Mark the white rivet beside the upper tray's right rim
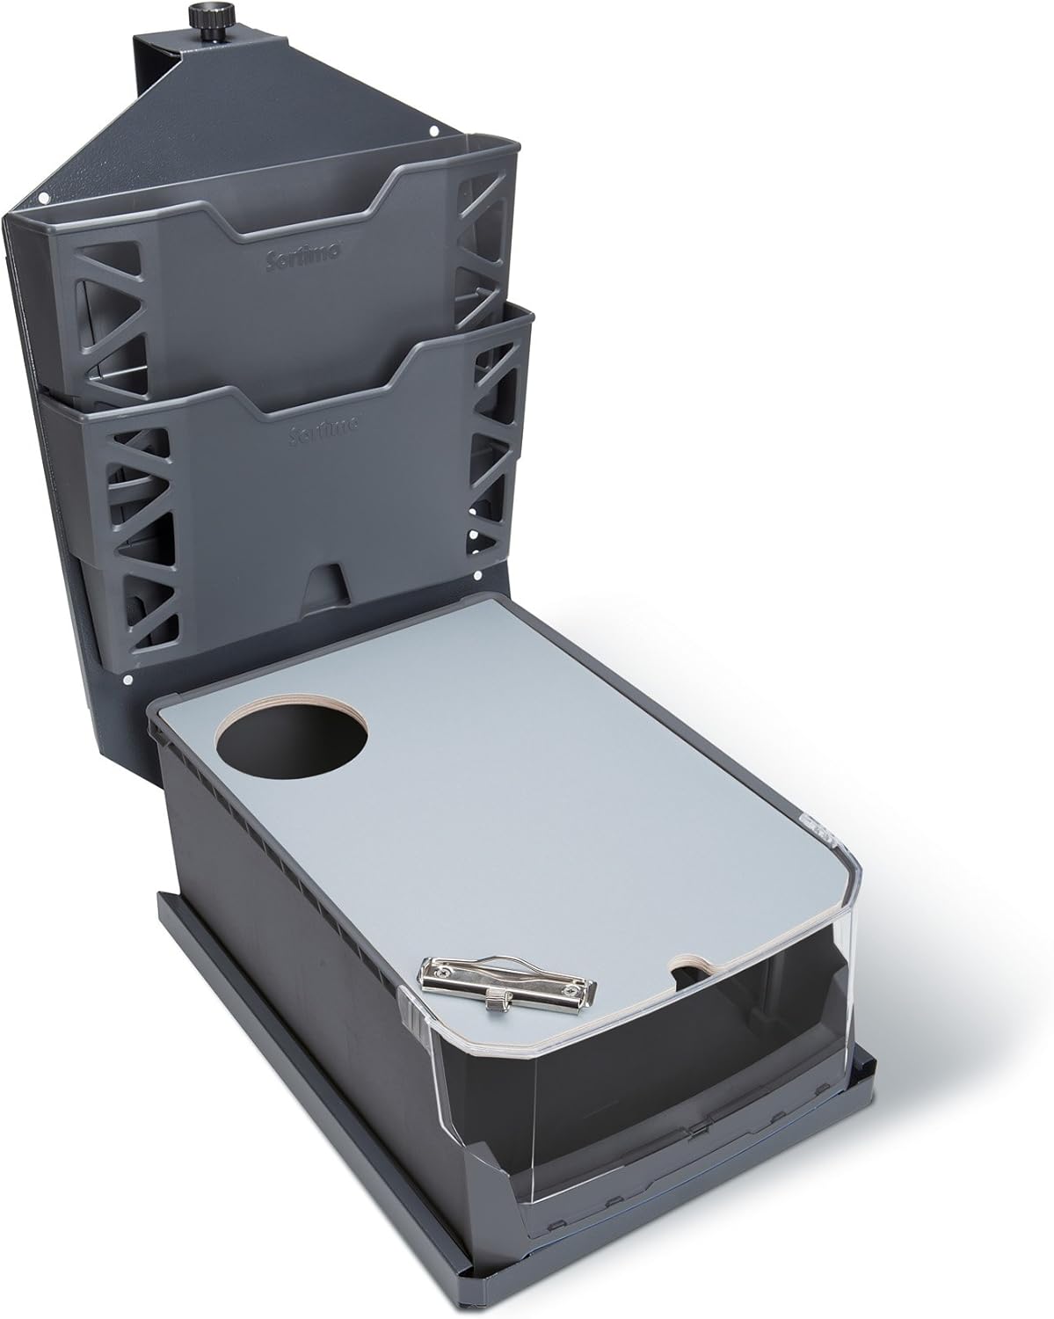click(434, 132)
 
